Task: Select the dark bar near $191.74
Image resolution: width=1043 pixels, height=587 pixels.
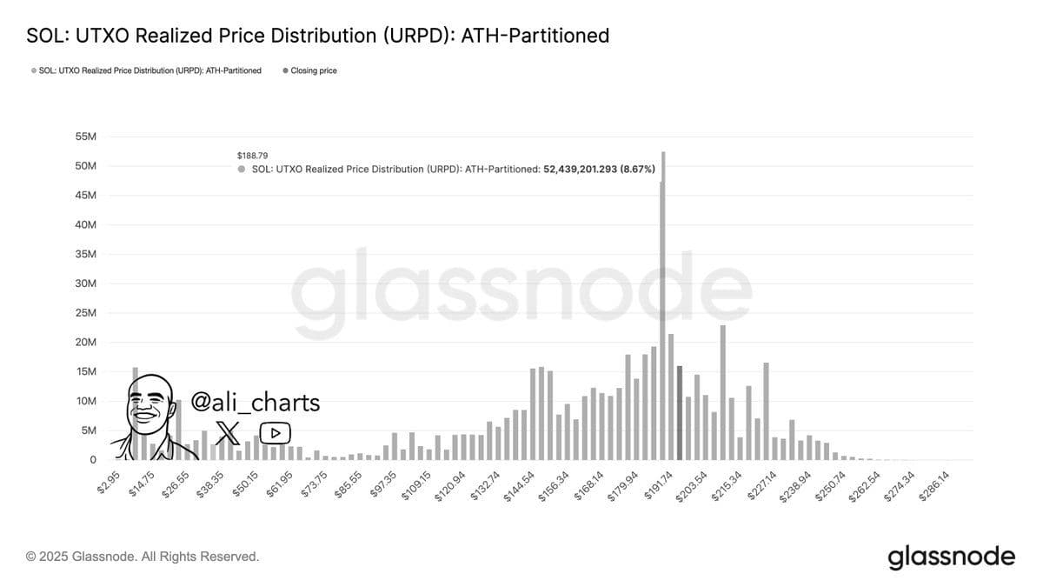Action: coord(680,412)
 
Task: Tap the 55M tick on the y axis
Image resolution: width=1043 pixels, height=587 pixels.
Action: coord(86,137)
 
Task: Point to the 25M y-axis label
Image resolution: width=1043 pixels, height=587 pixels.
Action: coord(86,313)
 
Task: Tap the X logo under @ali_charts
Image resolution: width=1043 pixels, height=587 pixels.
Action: coord(228,431)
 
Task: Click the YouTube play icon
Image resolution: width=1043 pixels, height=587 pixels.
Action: coord(276,432)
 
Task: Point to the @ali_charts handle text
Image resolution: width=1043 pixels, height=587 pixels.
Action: coord(255,403)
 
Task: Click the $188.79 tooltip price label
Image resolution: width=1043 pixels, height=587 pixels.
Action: coord(252,156)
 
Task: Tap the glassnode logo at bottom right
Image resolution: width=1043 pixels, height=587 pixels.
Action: coord(951,557)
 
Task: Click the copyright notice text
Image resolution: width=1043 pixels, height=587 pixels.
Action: coord(143,557)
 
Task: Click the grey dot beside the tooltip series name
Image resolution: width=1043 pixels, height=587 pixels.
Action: coord(242,169)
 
